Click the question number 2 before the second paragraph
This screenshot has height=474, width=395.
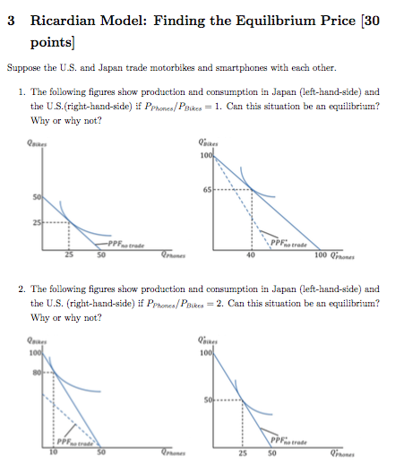[21, 289]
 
